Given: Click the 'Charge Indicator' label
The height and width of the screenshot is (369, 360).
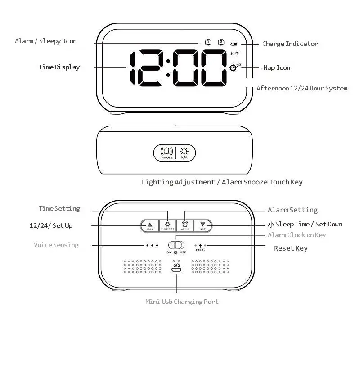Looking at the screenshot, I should (x=290, y=44).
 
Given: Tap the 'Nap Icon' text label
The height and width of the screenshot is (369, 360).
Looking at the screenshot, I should (x=277, y=67).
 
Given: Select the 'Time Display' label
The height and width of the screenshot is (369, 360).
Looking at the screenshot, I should (x=59, y=67).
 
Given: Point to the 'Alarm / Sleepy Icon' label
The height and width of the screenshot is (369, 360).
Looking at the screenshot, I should (x=46, y=41).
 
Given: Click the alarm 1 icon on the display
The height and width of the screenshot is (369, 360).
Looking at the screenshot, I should (x=208, y=42).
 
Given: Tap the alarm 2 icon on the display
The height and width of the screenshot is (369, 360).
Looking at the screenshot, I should (x=221, y=42).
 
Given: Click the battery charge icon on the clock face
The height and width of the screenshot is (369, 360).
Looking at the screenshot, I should (x=234, y=44).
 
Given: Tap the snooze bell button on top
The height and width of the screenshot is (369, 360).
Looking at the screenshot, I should (x=167, y=152).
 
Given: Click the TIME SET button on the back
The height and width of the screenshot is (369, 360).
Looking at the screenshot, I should (x=168, y=225).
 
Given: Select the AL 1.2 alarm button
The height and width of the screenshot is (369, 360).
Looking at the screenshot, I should (x=185, y=225).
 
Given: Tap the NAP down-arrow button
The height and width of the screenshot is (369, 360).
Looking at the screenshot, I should (x=203, y=225).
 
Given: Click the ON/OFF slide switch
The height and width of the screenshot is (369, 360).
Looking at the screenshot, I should (x=176, y=245).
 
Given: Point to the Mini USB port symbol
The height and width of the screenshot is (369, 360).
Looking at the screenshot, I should (x=176, y=268).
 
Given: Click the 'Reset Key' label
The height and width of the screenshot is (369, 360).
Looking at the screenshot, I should (x=291, y=248).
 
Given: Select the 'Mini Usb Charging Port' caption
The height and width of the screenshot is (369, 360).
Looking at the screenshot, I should (x=182, y=301).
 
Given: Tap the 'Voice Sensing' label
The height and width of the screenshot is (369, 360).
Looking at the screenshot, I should (x=56, y=245).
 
